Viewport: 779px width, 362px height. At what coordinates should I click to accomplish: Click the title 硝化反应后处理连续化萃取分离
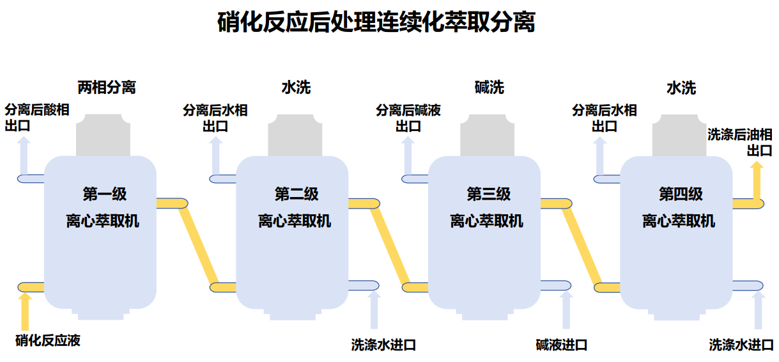pos(376,23)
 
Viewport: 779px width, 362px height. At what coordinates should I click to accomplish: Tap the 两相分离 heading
pos(107,87)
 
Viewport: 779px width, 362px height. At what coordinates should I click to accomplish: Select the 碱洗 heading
pos(490,87)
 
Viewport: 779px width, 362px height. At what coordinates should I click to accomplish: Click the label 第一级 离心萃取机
pos(102,207)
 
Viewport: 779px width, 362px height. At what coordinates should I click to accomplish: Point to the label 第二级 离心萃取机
pos(295,207)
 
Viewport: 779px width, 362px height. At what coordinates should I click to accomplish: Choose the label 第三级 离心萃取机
pos(487,207)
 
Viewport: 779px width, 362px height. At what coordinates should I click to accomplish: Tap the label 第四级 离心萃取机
pos(679,207)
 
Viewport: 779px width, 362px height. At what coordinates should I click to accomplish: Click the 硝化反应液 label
pos(48,340)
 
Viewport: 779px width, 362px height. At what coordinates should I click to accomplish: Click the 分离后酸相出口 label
pos(37,118)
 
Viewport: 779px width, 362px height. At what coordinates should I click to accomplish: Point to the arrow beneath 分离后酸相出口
pos(24,154)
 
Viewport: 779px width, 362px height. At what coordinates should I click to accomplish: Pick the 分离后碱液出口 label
pos(408,118)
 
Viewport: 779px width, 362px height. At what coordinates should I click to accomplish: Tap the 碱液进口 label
pos(561,345)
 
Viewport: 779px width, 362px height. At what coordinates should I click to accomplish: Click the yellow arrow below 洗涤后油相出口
pos(756,182)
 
